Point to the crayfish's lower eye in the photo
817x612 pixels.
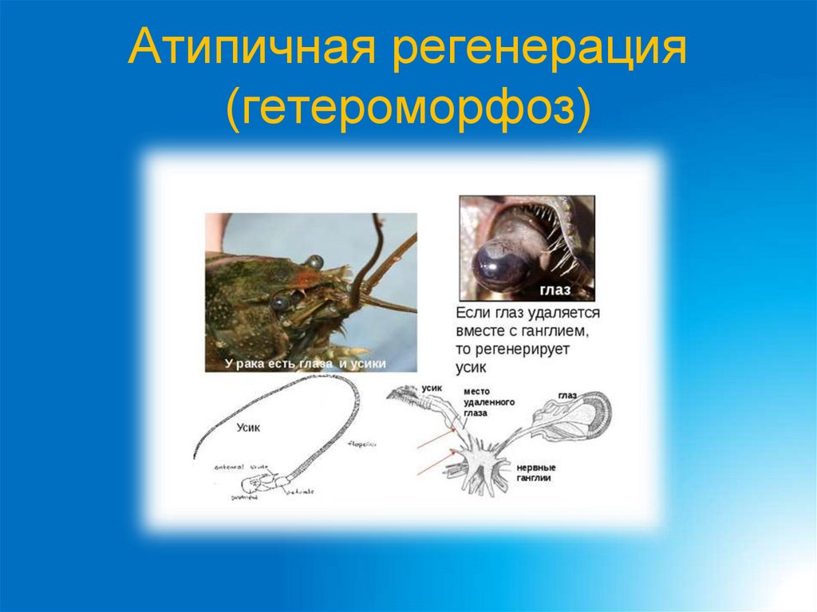tap(279, 302)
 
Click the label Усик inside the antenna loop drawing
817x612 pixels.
tap(248, 428)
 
